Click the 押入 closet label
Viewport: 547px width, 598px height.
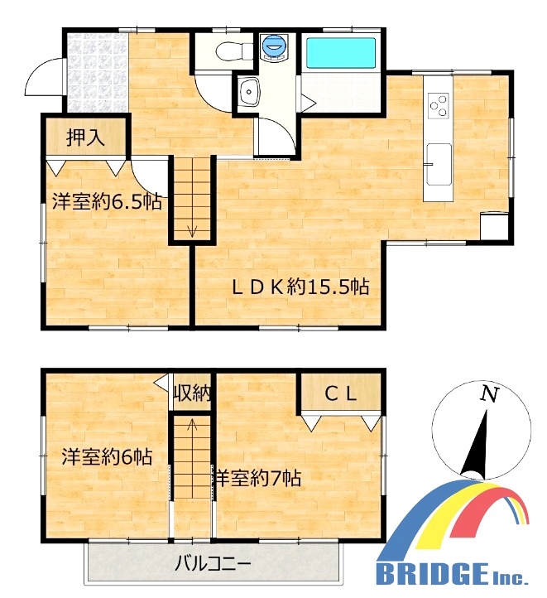pos(85,137)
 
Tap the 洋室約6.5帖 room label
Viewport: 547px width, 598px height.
pos(107,202)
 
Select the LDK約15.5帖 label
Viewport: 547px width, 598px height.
pos(300,287)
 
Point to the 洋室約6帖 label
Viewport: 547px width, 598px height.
pos(107,456)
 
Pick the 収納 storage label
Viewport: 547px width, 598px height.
pos(192,393)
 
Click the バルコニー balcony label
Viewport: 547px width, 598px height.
pos(213,563)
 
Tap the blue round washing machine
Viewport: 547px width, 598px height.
pos(274,47)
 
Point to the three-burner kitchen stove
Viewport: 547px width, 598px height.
pos(439,104)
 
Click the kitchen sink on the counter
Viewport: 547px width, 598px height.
pos(438,164)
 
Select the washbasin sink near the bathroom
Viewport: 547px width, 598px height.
pos(248,91)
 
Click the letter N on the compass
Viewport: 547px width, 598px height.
pos(489,394)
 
